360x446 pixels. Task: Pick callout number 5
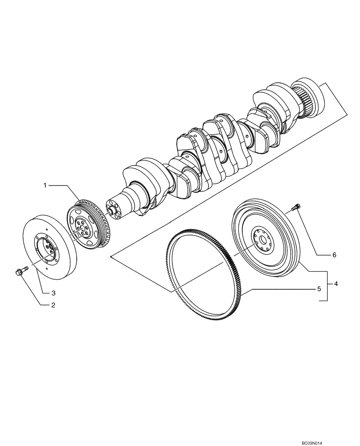(x=319, y=289)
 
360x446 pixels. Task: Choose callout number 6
(x=334, y=255)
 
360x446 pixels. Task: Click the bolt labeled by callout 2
(x=22, y=270)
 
